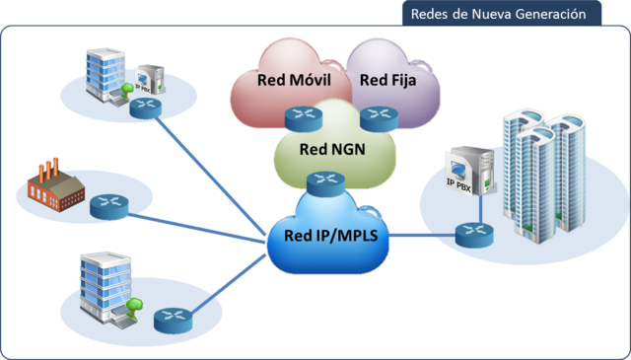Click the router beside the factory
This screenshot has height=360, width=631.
[x=107, y=206]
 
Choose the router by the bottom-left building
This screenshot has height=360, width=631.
[x=170, y=319]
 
